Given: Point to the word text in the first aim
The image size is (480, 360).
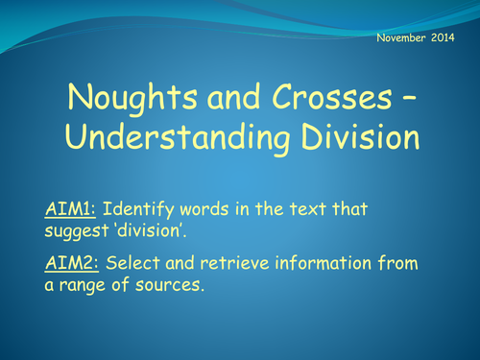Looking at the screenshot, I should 324,208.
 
